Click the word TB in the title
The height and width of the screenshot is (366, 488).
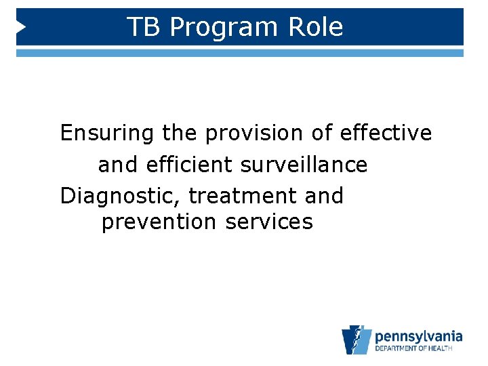click(x=144, y=27)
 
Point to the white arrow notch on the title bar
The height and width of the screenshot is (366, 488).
click(x=20, y=27)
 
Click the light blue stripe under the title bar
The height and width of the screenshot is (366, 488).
click(x=240, y=52)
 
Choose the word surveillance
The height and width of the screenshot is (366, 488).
click(x=302, y=165)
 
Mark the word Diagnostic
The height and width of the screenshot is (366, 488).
click(x=121, y=196)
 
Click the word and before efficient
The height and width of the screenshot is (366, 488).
click(x=119, y=165)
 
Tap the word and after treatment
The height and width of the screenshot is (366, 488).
click(x=324, y=196)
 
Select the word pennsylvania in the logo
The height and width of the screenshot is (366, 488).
click(x=418, y=336)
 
